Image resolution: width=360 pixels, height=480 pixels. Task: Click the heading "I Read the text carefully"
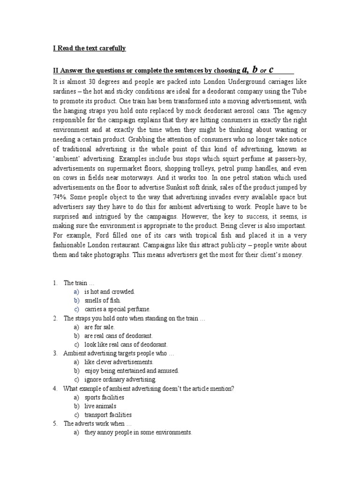click(89, 48)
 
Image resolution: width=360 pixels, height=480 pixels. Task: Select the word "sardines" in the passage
click(66, 91)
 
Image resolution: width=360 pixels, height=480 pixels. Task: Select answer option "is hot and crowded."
click(109, 292)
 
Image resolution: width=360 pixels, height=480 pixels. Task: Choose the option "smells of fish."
click(102, 300)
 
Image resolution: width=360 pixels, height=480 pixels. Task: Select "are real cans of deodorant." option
click(119, 336)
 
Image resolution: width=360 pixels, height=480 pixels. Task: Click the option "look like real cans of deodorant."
click(126, 345)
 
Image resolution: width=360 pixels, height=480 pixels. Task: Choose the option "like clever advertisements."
click(119, 362)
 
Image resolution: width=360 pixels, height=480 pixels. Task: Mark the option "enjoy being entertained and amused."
click(131, 371)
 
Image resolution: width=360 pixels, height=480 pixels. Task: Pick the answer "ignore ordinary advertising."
click(120, 380)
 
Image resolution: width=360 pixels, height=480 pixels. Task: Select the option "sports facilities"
click(104, 397)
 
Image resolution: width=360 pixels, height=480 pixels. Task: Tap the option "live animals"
click(100, 406)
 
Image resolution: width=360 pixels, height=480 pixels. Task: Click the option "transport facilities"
click(108, 415)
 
